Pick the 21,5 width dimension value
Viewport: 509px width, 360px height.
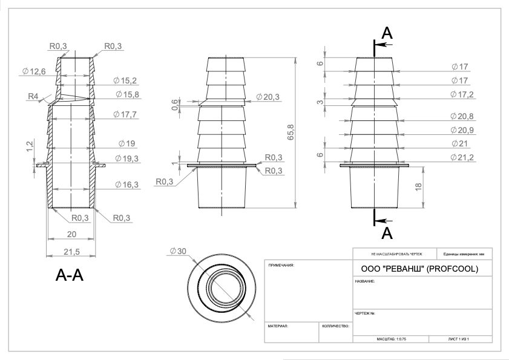coord(71,250)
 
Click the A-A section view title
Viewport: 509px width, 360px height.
coord(69,277)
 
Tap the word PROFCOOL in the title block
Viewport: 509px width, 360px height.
coord(455,268)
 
